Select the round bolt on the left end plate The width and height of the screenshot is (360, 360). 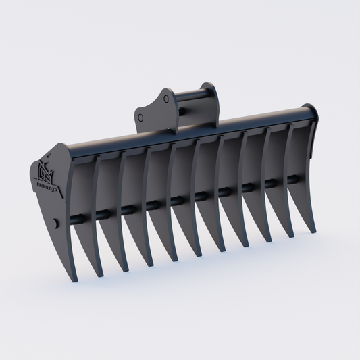pyautogui.click(x=53, y=223)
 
